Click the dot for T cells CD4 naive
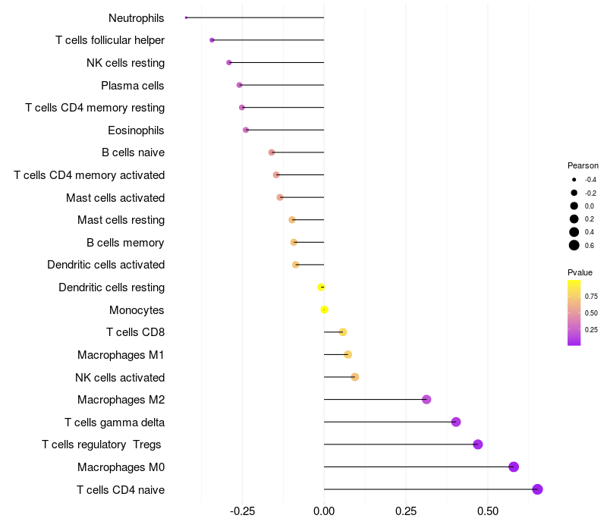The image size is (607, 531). [538, 489]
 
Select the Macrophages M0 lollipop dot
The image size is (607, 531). [514, 467]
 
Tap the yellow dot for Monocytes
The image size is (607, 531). [324, 309]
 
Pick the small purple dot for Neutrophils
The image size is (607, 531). [186, 17]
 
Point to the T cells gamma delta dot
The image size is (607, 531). [456, 422]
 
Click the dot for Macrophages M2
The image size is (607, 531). [426, 399]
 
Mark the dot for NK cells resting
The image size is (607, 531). [229, 62]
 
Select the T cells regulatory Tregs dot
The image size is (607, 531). [478, 445]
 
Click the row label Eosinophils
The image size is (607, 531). [136, 130]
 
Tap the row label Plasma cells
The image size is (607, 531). [133, 85]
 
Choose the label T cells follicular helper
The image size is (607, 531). [110, 40]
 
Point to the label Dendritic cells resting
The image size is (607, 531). [112, 287]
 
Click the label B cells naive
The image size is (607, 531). [133, 152]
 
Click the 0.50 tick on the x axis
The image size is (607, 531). [488, 511]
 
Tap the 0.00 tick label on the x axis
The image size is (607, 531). [324, 511]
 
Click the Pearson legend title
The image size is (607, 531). [583, 165]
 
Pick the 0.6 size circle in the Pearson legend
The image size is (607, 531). [574, 245]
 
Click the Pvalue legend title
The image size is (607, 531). [580, 272]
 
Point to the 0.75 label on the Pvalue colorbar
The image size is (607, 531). [592, 297]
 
